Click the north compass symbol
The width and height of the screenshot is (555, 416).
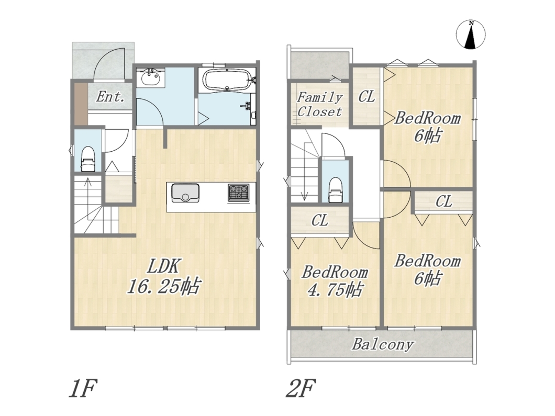[x=471, y=35]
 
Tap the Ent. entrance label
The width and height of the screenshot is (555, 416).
[x=110, y=96]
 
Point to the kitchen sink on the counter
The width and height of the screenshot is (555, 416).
[x=185, y=193]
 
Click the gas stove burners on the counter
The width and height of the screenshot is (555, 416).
[x=238, y=193]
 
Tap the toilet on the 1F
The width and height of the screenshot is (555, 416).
[x=87, y=159]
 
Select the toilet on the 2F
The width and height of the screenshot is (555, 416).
[x=335, y=189]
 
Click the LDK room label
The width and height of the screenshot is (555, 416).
[x=164, y=266]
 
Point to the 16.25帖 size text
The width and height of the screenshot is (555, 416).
[x=164, y=286]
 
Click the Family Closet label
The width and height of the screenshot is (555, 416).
[x=319, y=104]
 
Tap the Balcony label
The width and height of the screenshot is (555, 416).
[x=383, y=344]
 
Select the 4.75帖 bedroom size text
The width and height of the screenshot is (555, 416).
[x=335, y=290]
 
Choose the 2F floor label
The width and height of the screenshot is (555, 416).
[x=301, y=388]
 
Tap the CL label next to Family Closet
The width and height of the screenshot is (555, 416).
[x=367, y=96]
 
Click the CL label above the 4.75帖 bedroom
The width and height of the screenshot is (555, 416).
[x=319, y=221]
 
